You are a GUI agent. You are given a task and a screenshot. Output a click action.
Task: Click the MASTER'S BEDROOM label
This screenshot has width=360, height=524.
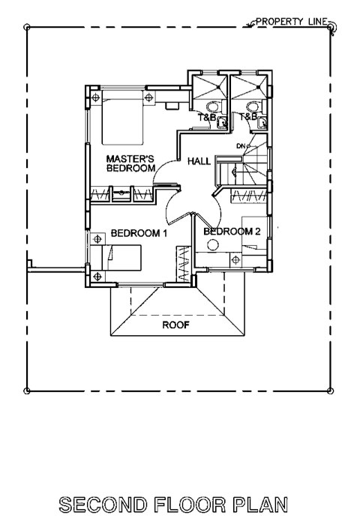tap(130, 163)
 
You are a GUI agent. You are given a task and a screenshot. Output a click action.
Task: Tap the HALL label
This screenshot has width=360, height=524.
tap(199, 161)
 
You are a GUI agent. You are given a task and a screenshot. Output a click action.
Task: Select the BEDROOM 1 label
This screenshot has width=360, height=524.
tap(139, 233)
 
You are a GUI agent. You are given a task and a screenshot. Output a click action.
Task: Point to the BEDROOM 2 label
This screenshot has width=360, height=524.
tap(232, 231)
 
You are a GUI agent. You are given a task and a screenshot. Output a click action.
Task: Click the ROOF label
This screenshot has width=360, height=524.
tap(175, 325)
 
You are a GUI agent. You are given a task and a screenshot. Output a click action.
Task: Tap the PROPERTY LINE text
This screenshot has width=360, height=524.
tap(292, 22)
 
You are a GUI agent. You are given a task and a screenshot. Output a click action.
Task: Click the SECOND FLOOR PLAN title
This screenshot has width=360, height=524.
tap(173, 505)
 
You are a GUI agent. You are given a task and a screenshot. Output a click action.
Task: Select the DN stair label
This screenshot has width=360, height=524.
tap(241, 146)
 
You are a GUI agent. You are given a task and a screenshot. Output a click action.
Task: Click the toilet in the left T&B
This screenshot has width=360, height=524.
tap(212, 107)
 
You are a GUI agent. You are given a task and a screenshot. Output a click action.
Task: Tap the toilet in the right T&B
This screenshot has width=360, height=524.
tap(252, 107)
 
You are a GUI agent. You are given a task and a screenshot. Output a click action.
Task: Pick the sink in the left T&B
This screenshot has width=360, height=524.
tap(222, 123)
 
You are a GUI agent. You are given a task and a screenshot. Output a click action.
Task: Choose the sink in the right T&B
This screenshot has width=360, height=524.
tap(262, 123)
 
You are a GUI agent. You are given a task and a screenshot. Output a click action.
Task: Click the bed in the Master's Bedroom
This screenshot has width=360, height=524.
tap(122, 117)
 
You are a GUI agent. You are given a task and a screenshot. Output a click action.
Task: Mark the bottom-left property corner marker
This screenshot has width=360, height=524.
tap(27, 391)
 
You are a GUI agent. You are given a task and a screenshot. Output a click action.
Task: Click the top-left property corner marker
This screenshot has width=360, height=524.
tap(27, 27)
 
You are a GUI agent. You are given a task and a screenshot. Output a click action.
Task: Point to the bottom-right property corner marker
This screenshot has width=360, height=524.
tap(331, 391)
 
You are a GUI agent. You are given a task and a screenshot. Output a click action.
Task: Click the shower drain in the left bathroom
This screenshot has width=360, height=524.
tap(218, 87)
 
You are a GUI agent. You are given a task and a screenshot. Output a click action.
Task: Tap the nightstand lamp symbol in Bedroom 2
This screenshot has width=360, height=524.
tap(236, 259)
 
